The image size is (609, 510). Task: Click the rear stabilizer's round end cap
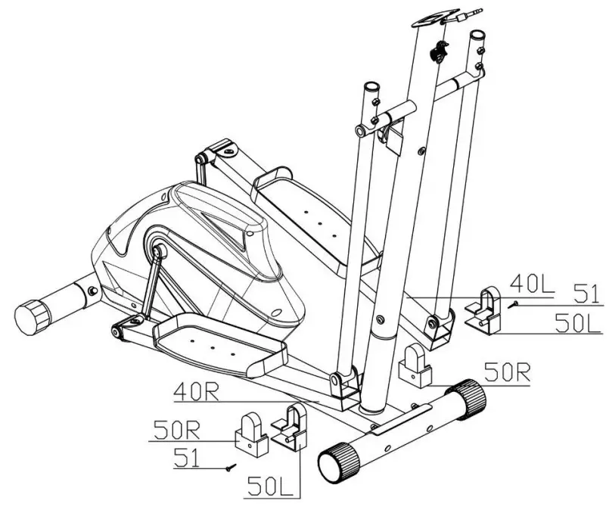[x=31, y=316]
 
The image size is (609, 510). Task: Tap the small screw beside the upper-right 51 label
[x=514, y=303]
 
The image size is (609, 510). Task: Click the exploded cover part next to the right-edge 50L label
[x=483, y=310]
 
